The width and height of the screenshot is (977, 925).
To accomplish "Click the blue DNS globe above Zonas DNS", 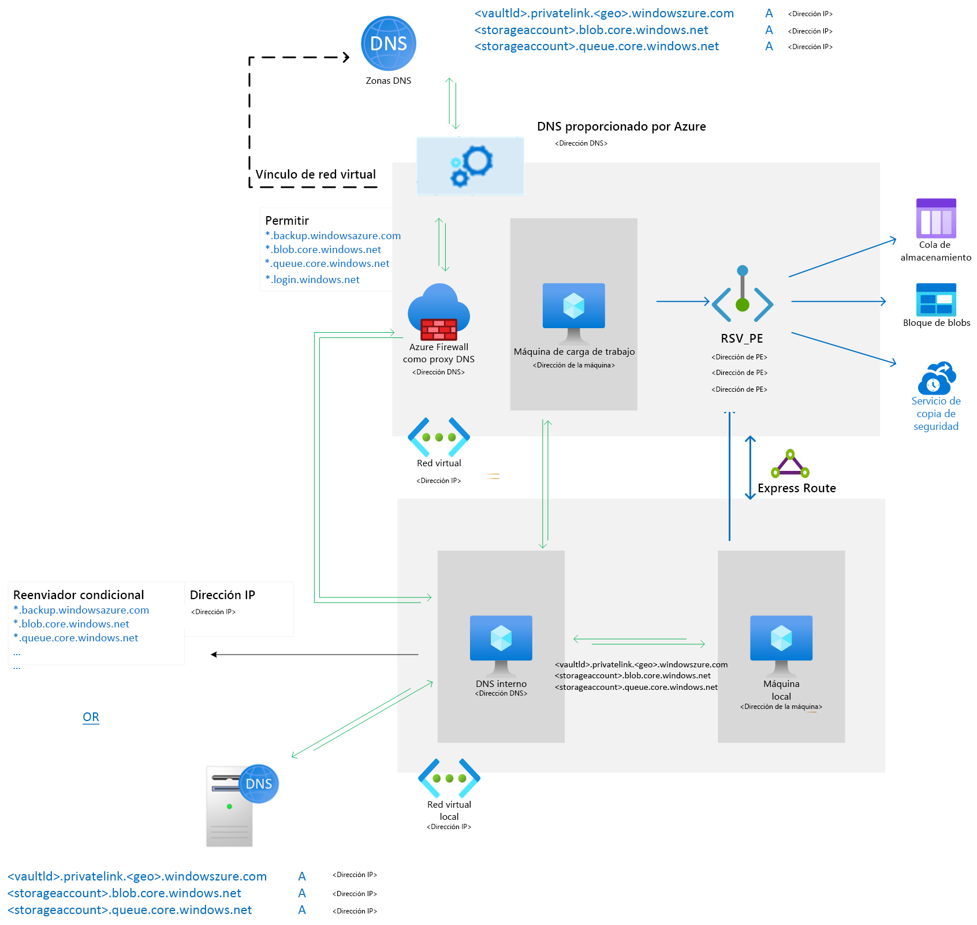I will point(389,44).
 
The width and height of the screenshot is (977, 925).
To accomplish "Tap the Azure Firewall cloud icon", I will point(439,312).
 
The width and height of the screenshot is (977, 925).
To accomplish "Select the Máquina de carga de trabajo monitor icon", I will point(573,312).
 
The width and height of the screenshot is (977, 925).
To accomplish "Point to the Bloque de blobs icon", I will point(936,299).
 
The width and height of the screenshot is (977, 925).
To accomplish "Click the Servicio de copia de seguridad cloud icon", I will point(937,378).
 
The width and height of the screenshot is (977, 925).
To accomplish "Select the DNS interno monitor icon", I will point(501,644).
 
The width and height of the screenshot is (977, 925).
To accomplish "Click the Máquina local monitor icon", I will point(781,644).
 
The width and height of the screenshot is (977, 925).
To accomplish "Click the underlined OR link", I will point(91,717).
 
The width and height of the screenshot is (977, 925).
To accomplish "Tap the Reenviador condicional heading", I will point(79,595).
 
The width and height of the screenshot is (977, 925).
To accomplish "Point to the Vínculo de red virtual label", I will point(315,174).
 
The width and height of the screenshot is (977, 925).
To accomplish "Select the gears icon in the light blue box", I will point(471,166).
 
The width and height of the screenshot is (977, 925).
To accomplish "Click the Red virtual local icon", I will point(449,778).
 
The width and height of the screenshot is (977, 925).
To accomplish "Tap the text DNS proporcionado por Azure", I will point(621,127).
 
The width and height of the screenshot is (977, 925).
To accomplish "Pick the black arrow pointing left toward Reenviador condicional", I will point(315,655).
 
